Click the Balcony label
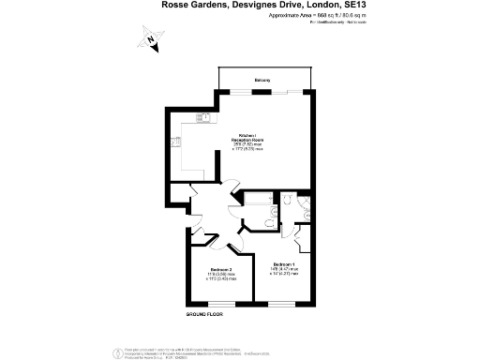[x=262, y=81]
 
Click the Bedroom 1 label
[x=284, y=265]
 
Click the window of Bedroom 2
[x=221, y=303]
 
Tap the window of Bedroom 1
[x=281, y=303]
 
